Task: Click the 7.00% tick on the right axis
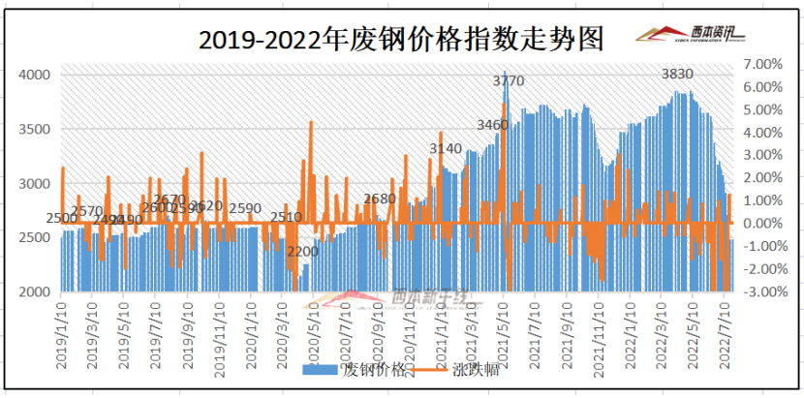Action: (x=761, y=64)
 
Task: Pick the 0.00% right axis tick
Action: (x=761, y=224)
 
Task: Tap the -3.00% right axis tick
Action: (x=759, y=291)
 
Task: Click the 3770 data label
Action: (x=508, y=80)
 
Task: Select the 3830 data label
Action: (x=677, y=74)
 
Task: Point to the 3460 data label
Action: (x=492, y=125)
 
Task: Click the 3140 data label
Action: (x=446, y=148)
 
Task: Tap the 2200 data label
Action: (x=302, y=252)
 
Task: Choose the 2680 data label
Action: (x=380, y=199)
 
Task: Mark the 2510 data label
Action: (x=286, y=217)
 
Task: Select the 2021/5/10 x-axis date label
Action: (x=503, y=331)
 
